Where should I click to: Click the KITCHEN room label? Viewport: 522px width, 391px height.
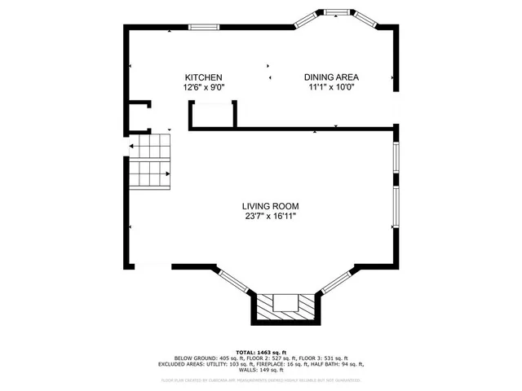point(203,77)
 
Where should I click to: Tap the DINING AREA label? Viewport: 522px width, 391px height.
point(331,77)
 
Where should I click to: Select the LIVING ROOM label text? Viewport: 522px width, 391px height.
point(268,206)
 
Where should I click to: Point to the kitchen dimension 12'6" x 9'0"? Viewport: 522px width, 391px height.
point(203,87)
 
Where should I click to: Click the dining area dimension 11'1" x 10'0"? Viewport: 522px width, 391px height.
point(331,87)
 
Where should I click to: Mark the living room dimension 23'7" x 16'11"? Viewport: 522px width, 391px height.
point(268,217)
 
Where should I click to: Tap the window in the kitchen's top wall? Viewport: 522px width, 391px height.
point(203,27)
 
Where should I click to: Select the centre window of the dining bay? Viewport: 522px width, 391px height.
point(336,12)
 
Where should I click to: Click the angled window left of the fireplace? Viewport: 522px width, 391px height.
point(235,279)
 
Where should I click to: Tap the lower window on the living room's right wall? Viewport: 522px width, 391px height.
point(396,207)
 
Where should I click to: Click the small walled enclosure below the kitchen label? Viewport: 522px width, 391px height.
point(213,114)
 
